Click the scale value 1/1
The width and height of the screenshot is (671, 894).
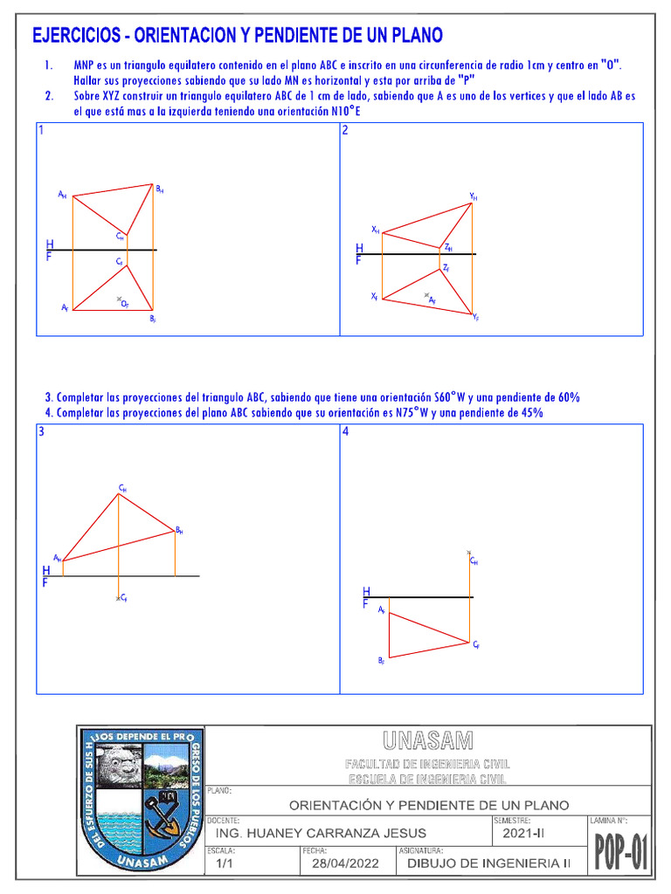tap(225, 863)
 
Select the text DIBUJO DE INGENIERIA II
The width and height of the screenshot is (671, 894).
tap(482, 863)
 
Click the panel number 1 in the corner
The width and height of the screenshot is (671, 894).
tap(41, 130)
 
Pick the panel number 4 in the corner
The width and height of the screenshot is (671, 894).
tap(346, 431)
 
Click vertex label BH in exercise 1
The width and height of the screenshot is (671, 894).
tap(159, 189)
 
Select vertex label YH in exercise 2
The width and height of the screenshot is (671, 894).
tap(473, 196)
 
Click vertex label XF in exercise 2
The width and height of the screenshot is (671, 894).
tap(374, 297)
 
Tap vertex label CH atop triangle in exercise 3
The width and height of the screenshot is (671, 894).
tap(122, 488)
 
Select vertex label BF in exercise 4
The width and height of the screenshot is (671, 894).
tap(381, 662)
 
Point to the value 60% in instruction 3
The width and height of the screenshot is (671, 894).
tap(567, 397)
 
